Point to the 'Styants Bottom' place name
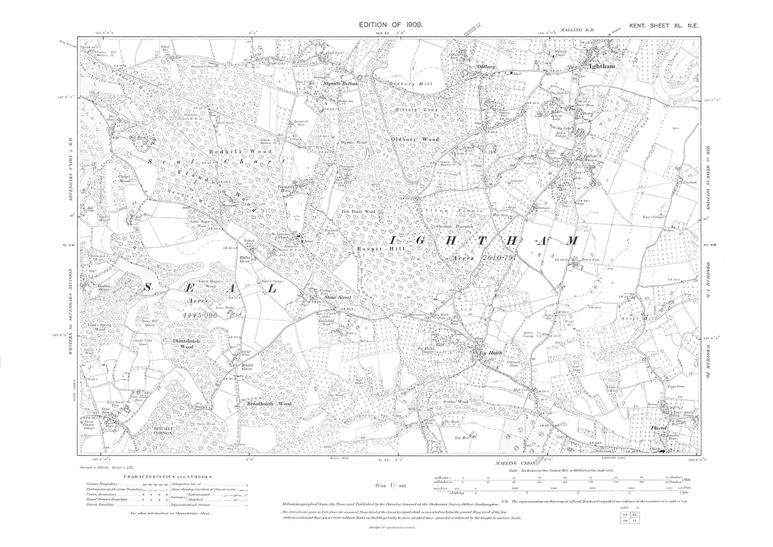(343, 84)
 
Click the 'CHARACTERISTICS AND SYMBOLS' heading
(169, 476)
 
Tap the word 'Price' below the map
(384, 485)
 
